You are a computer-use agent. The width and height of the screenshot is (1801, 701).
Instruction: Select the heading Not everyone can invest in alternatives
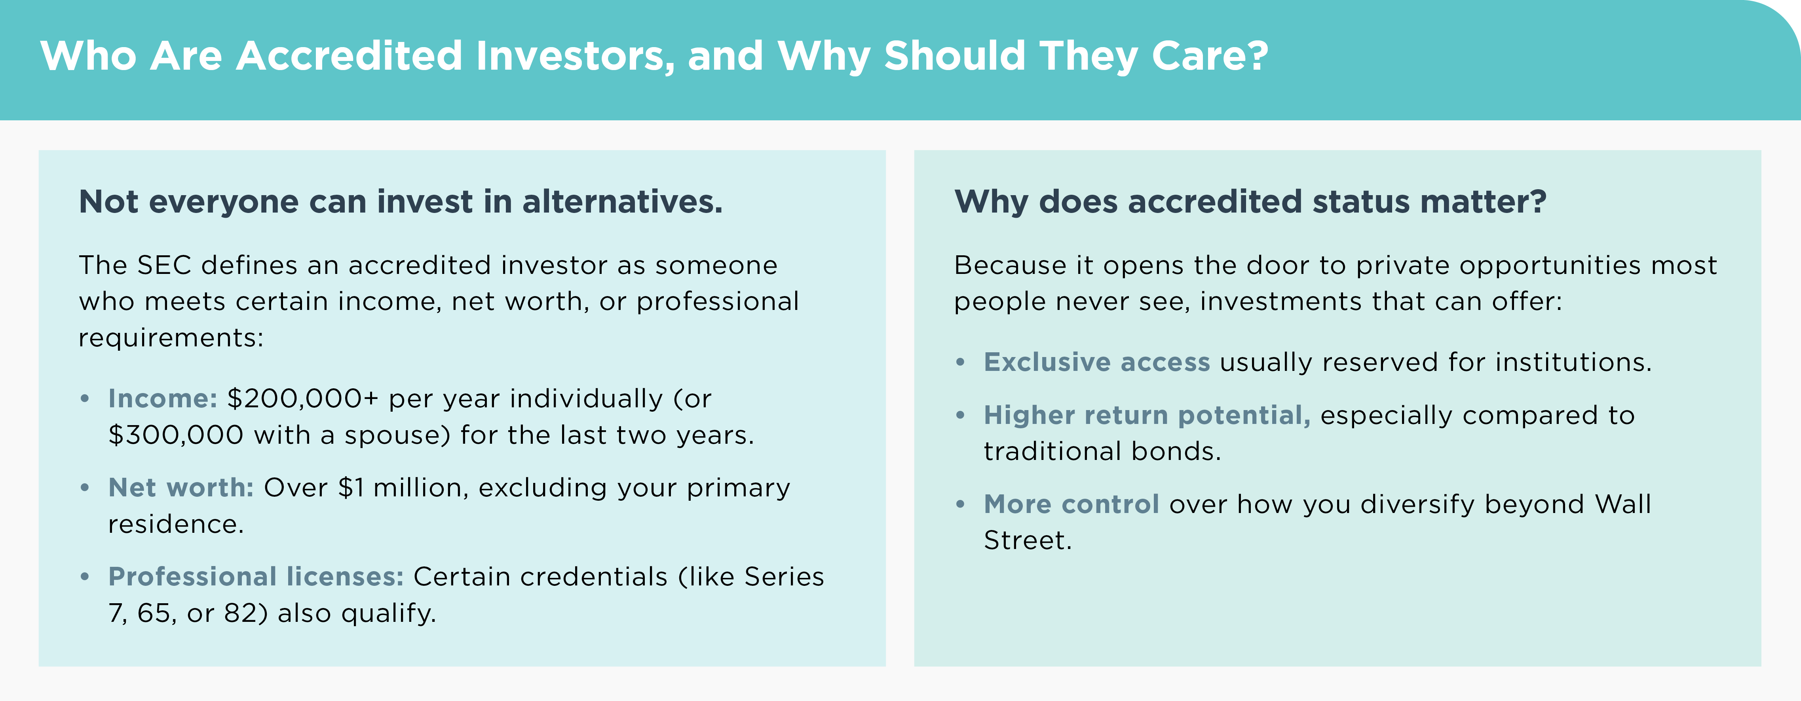[401, 201]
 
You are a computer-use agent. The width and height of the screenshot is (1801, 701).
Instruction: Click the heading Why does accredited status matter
[1250, 201]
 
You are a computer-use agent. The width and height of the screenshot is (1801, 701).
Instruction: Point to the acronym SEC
[164, 266]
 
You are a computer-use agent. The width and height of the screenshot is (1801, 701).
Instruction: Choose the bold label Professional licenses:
[256, 577]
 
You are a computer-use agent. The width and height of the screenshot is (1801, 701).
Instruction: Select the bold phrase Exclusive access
[1096, 362]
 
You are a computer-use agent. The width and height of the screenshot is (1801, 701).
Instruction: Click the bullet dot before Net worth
[85, 487]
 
